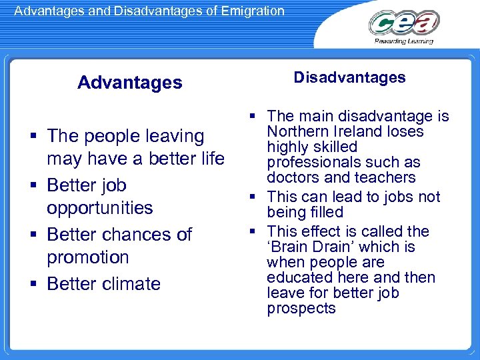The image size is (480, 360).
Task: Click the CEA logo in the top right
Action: pyautogui.click(x=403, y=23)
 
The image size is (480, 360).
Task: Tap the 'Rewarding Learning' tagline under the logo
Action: pyautogui.click(x=404, y=41)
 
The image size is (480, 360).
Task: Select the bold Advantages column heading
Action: pyautogui.click(x=129, y=83)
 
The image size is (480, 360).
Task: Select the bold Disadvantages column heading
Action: pyautogui.click(x=349, y=77)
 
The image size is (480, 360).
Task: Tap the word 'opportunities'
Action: pyautogui.click(x=99, y=208)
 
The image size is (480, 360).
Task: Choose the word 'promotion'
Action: pyautogui.click(x=87, y=257)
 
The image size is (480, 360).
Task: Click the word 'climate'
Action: pyautogui.click(x=131, y=284)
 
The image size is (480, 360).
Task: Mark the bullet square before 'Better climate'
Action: pyautogui.click(x=33, y=285)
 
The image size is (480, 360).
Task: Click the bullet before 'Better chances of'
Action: pyautogui.click(x=33, y=235)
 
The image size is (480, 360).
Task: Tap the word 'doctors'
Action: pyautogui.click(x=291, y=177)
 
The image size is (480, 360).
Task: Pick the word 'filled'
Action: pyautogui.click(x=325, y=212)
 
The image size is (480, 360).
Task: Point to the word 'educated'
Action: pyautogui.click(x=296, y=277)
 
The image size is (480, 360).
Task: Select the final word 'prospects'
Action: pyautogui.click(x=301, y=308)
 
